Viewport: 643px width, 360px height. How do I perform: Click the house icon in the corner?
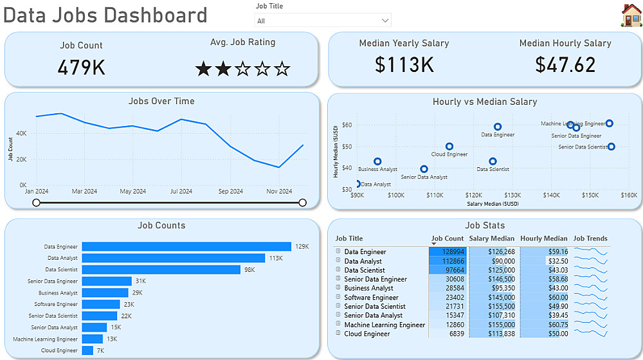pyautogui.click(x=631, y=15)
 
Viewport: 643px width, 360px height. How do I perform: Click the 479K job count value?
pyautogui.click(x=81, y=67)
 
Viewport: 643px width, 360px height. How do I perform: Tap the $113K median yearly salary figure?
pyautogui.click(x=404, y=65)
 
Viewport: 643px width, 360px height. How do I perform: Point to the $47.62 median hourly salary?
pyautogui.click(x=565, y=65)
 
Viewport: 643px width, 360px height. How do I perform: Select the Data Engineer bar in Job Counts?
pyautogui.click(x=186, y=246)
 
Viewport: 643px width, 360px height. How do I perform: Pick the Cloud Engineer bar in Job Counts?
pyautogui.click(x=87, y=350)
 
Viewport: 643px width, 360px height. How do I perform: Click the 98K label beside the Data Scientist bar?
pyautogui.click(x=249, y=269)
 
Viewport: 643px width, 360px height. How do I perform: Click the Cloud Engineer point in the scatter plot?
pyautogui.click(x=449, y=147)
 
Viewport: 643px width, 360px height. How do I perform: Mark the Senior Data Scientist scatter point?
pyautogui.click(x=611, y=147)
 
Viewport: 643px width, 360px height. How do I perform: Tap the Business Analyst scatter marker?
pyautogui.click(x=377, y=161)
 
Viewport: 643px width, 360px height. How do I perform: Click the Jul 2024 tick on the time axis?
pyautogui.click(x=181, y=191)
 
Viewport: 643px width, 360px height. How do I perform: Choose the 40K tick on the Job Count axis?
pyautogui.click(x=21, y=133)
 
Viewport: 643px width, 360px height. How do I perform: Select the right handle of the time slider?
pyautogui.click(x=303, y=203)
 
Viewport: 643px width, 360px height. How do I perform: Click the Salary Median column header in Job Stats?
pyautogui.click(x=492, y=239)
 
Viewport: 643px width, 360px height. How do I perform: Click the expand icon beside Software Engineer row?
pyautogui.click(x=338, y=297)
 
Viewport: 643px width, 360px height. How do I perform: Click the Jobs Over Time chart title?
pyautogui.click(x=161, y=101)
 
